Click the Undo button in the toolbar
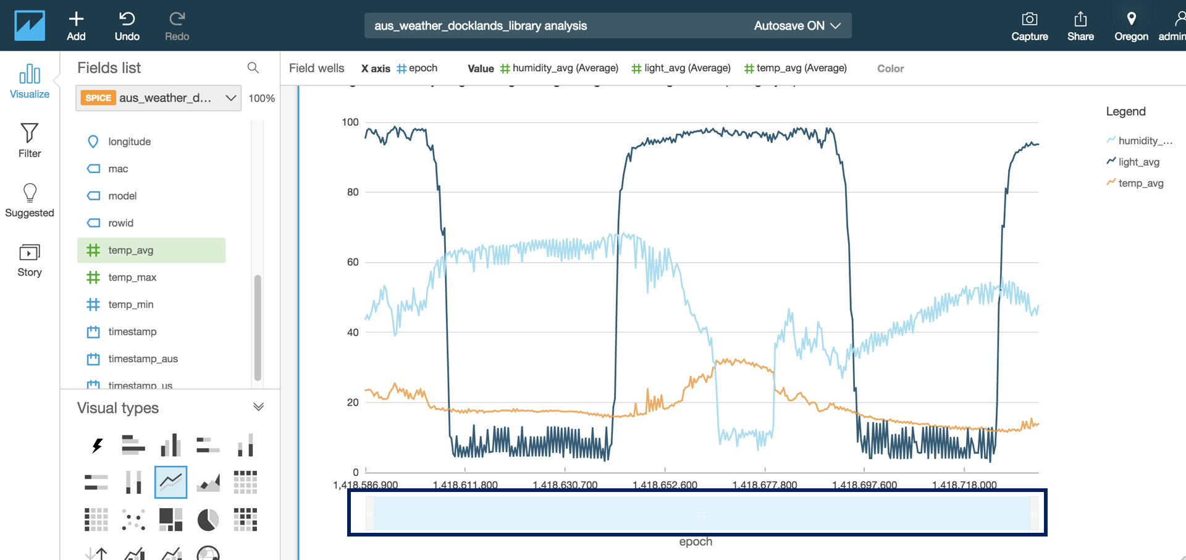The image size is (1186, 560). [127, 25]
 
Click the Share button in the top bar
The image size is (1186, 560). [1080, 25]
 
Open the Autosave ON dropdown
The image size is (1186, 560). [796, 26]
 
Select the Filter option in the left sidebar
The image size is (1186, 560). [30, 140]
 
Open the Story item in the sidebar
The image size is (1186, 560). [30, 260]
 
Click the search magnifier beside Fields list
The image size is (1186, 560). [253, 67]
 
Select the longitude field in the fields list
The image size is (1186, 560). [129, 142]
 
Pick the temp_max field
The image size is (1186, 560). [132, 278]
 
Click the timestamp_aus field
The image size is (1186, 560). [143, 359]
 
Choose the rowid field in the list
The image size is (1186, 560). [120, 223]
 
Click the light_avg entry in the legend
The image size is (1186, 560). [1138, 162]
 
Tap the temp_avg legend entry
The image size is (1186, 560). [1140, 183]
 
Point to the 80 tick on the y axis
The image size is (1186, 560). [353, 192]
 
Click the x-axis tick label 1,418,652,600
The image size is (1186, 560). [665, 485]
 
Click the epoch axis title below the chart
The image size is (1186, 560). [696, 541]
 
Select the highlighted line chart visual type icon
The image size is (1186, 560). [170, 482]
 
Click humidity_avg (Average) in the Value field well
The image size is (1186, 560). [565, 68]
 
